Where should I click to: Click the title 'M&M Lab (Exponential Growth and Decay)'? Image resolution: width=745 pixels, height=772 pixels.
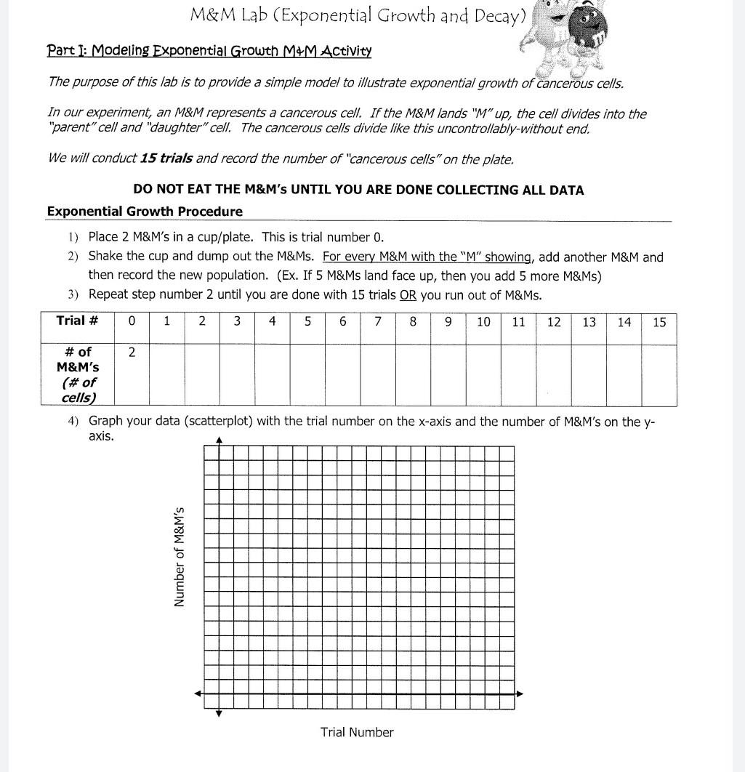[x=357, y=15]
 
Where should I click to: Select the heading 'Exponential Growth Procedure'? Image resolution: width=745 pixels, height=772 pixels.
[x=145, y=212]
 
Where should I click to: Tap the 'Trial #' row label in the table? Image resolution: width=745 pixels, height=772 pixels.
[x=77, y=321]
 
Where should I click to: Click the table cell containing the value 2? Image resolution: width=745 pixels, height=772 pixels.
[x=132, y=353]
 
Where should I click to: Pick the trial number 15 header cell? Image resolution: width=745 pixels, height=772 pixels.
[x=659, y=322]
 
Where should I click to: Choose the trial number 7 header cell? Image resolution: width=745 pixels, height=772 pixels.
[x=377, y=322]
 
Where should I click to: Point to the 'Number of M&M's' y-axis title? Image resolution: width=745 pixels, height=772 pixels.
[x=178, y=556]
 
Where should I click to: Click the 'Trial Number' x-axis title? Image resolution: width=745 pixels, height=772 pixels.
[x=357, y=732]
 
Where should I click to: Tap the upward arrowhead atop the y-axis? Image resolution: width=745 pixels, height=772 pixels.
[x=219, y=440]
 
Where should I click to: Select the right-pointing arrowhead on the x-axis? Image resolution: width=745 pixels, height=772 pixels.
[x=519, y=694]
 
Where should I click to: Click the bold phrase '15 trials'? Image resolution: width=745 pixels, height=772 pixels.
[x=166, y=158]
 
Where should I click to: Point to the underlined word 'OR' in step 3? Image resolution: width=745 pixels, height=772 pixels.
[x=408, y=295]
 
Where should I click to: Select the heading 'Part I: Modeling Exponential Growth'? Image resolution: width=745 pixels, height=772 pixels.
[x=209, y=51]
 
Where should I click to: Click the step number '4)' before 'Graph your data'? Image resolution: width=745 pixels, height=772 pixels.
[x=73, y=421]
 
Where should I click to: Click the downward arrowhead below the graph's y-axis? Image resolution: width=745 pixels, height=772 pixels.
[x=219, y=714]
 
